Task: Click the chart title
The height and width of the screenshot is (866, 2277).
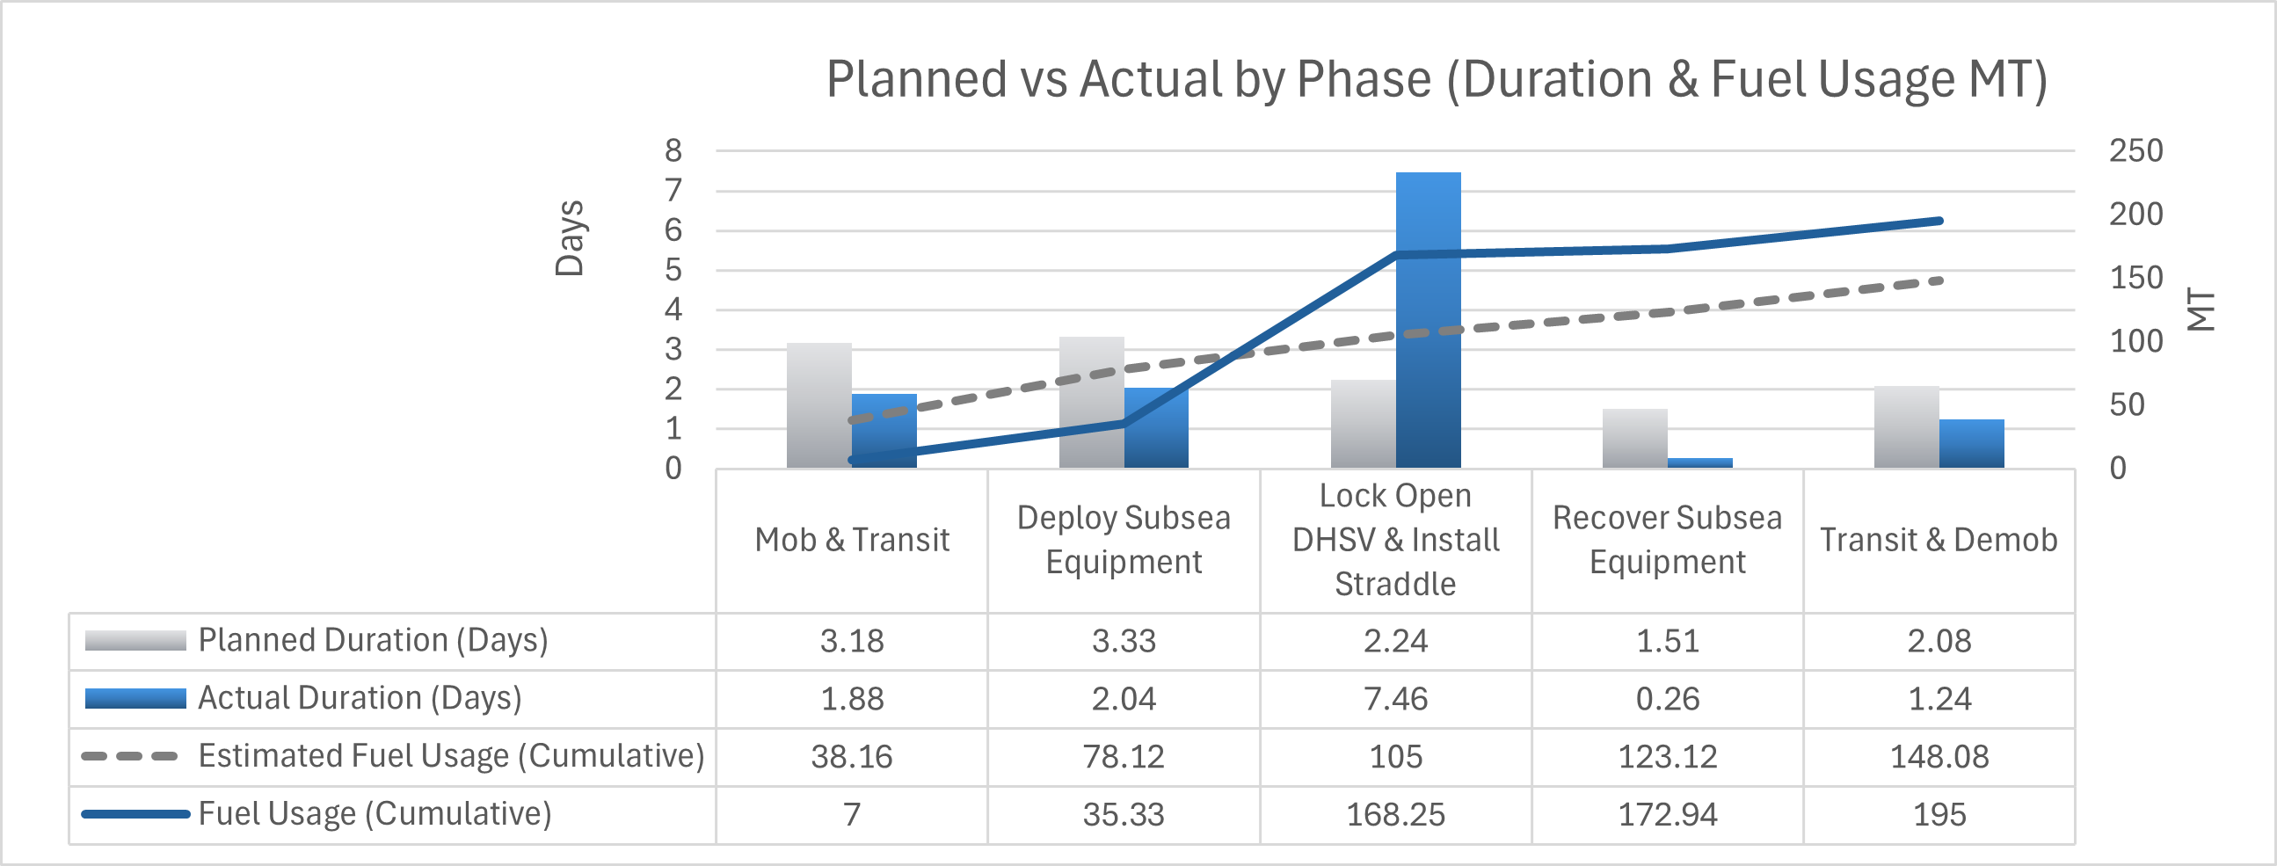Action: tap(1436, 79)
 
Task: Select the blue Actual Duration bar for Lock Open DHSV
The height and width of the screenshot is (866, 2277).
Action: tap(1428, 318)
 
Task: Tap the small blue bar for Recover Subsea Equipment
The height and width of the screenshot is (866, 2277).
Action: tap(1699, 462)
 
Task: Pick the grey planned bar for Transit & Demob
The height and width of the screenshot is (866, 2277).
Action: tap(1906, 426)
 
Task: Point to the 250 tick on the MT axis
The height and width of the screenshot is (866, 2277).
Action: tap(2135, 151)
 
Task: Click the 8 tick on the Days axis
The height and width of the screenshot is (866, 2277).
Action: tap(673, 151)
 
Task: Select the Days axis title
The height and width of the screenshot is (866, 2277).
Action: tap(570, 238)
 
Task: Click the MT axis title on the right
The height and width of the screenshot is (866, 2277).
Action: tap(2201, 309)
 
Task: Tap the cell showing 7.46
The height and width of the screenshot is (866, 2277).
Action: tap(1395, 699)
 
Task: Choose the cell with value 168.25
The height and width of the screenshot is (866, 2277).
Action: tap(1395, 815)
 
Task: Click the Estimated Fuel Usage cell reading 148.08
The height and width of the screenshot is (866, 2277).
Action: tap(1939, 756)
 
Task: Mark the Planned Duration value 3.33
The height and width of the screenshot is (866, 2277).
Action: tap(1124, 641)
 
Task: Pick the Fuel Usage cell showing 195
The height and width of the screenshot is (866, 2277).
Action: tap(1939, 815)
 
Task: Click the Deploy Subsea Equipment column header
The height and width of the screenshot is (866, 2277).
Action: tap(1124, 540)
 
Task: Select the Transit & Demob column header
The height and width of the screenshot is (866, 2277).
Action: tap(1939, 540)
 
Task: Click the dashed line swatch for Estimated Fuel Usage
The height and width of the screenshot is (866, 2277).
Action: tap(131, 756)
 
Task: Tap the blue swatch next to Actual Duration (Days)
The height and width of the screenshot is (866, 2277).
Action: tap(135, 699)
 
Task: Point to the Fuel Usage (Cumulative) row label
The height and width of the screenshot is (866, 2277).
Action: tap(375, 814)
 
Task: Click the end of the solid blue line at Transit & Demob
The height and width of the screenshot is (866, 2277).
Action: tap(1939, 221)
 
